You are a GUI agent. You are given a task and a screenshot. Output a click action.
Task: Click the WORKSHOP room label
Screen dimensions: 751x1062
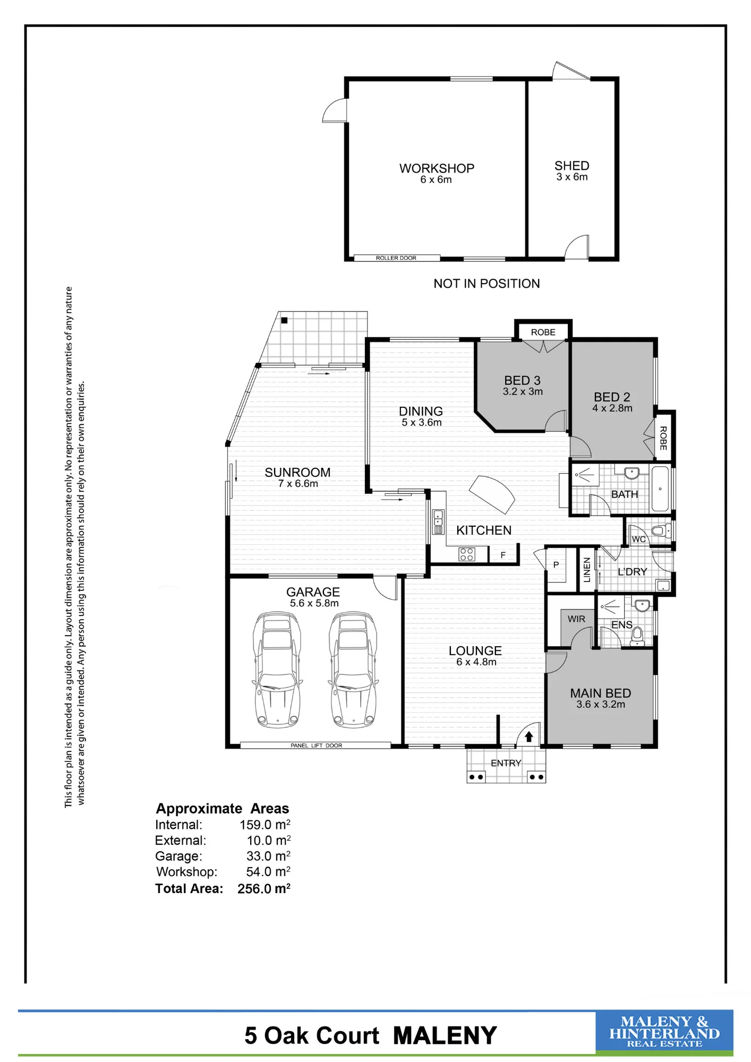pyautogui.click(x=437, y=168)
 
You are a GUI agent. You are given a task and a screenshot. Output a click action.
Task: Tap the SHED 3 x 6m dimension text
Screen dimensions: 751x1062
pyautogui.click(x=572, y=177)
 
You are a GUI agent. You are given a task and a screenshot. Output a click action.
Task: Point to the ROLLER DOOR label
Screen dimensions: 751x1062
pyautogui.click(x=396, y=258)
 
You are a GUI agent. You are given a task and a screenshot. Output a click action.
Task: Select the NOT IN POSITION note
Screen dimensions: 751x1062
pyautogui.click(x=487, y=284)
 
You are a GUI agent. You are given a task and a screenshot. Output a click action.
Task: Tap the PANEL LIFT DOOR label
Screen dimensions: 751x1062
pyautogui.click(x=316, y=746)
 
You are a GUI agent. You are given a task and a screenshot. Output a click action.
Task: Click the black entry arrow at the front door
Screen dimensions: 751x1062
pyautogui.click(x=529, y=736)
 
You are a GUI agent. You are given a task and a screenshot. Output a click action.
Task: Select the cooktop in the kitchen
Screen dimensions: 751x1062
pyautogui.click(x=466, y=554)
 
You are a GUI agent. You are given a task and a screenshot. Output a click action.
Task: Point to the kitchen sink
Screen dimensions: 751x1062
pyautogui.click(x=438, y=522)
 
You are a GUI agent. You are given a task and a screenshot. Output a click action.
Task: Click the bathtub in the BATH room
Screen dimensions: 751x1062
pyautogui.click(x=660, y=489)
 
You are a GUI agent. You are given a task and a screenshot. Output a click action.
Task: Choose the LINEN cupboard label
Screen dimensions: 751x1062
pyautogui.click(x=587, y=570)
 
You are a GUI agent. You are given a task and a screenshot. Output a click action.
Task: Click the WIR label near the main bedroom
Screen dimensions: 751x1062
pyautogui.click(x=576, y=619)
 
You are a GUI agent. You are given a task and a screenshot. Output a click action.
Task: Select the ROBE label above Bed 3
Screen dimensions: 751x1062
pyautogui.click(x=543, y=332)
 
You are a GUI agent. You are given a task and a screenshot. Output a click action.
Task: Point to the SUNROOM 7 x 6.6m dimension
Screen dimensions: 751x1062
pyautogui.click(x=298, y=484)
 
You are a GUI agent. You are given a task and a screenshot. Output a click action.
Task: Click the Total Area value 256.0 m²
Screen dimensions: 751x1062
pyautogui.click(x=264, y=888)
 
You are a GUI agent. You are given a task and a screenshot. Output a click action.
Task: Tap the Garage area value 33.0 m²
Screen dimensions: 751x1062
pyautogui.click(x=268, y=856)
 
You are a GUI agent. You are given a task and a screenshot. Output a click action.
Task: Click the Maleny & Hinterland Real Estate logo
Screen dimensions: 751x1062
pyautogui.click(x=664, y=1032)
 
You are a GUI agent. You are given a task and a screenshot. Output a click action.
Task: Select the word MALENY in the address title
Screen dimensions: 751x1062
pyautogui.click(x=445, y=1036)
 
